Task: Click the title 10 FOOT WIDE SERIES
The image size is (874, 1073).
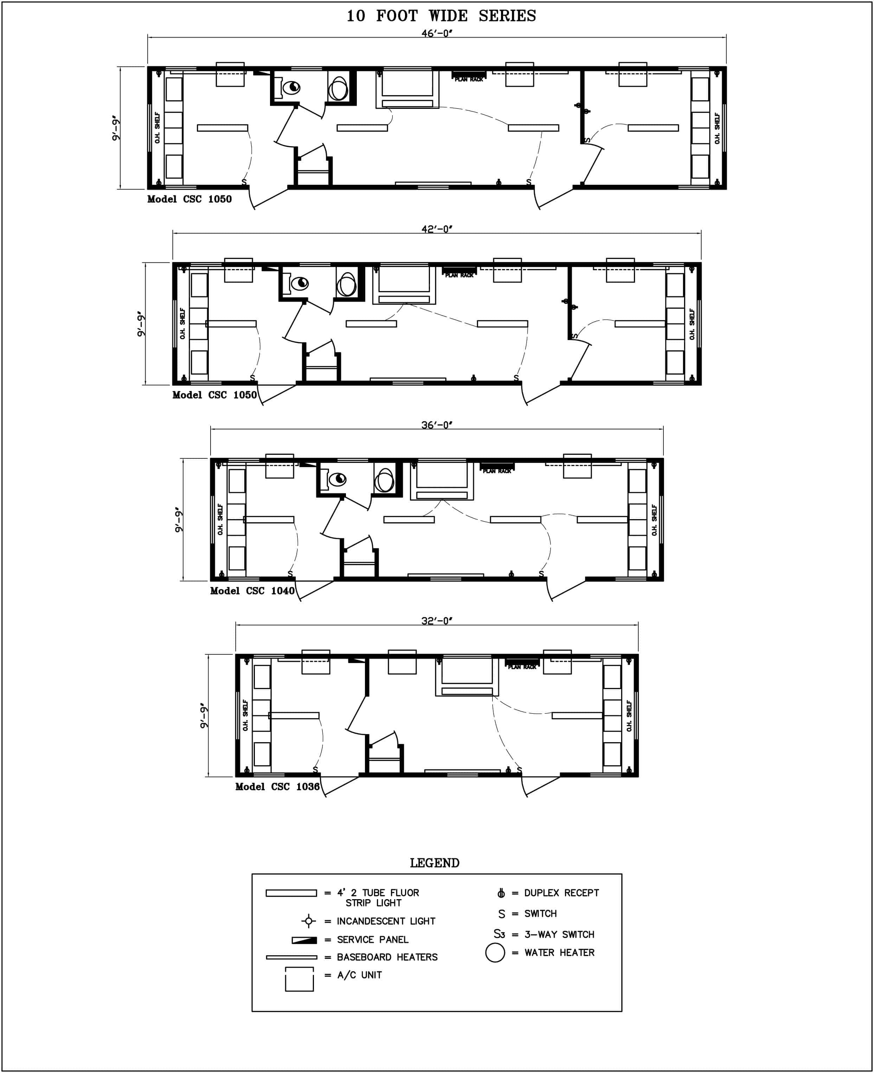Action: pyautogui.click(x=441, y=16)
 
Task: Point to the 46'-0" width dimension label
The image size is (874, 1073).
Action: pyautogui.click(x=437, y=33)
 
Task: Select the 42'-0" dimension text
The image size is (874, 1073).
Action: pyautogui.click(x=437, y=229)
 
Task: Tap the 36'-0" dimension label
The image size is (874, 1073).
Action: pyautogui.click(x=437, y=425)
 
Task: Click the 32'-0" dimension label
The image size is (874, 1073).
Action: pyautogui.click(x=437, y=621)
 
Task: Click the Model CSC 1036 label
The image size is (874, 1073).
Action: pyautogui.click(x=277, y=786)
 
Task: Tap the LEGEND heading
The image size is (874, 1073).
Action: pyautogui.click(x=435, y=863)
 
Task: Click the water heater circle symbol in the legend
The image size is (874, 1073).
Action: pyautogui.click(x=495, y=953)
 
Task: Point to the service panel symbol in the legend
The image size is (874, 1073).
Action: pyautogui.click(x=304, y=940)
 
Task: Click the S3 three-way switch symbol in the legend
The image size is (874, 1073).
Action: pyautogui.click(x=499, y=934)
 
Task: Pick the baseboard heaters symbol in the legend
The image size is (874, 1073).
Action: pyautogui.click(x=291, y=957)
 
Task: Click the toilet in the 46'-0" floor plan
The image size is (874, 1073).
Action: pyautogui.click(x=291, y=87)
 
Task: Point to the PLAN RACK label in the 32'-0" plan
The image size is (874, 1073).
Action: pyautogui.click(x=522, y=667)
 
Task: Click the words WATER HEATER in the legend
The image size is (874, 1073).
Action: pyautogui.click(x=559, y=953)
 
